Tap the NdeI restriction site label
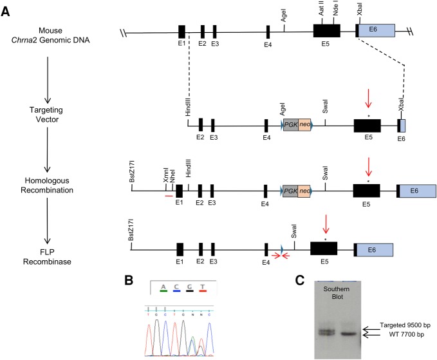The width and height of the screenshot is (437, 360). (x=335, y=12)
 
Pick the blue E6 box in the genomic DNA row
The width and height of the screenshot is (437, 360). (x=377, y=30)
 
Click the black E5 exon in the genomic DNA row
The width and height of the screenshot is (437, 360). (x=326, y=30)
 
